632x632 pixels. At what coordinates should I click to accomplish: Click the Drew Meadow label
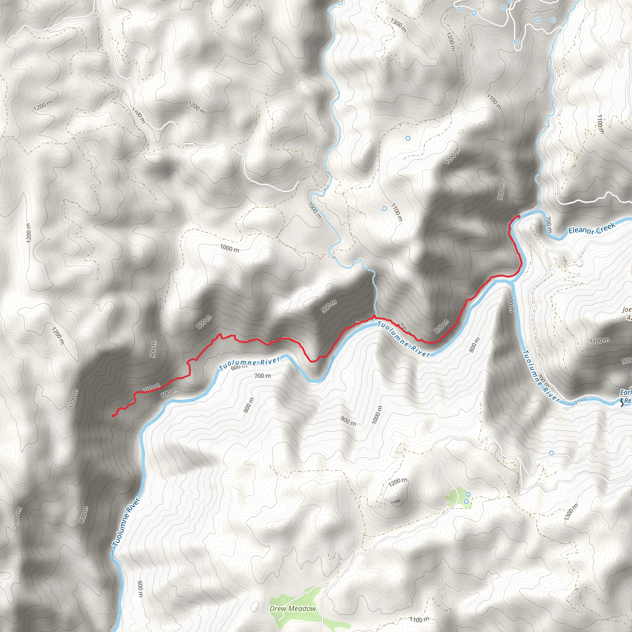[293, 609]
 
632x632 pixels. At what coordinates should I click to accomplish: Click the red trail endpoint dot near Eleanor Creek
[519, 216]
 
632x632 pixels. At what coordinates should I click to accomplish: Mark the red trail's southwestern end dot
[113, 416]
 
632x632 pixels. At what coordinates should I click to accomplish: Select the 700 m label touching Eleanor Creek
[549, 225]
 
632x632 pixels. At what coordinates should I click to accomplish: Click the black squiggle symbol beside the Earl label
[621, 403]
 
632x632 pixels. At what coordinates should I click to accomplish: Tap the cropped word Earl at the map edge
[626, 392]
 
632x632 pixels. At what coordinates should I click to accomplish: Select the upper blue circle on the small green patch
[468, 494]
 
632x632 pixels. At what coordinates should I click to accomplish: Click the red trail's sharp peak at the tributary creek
[374, 316]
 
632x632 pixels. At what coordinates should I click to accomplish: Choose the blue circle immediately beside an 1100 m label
[385, 208]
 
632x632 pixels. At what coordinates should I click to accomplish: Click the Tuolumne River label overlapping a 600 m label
[250, 364]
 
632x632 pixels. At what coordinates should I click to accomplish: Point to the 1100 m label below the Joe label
[599, 341]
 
